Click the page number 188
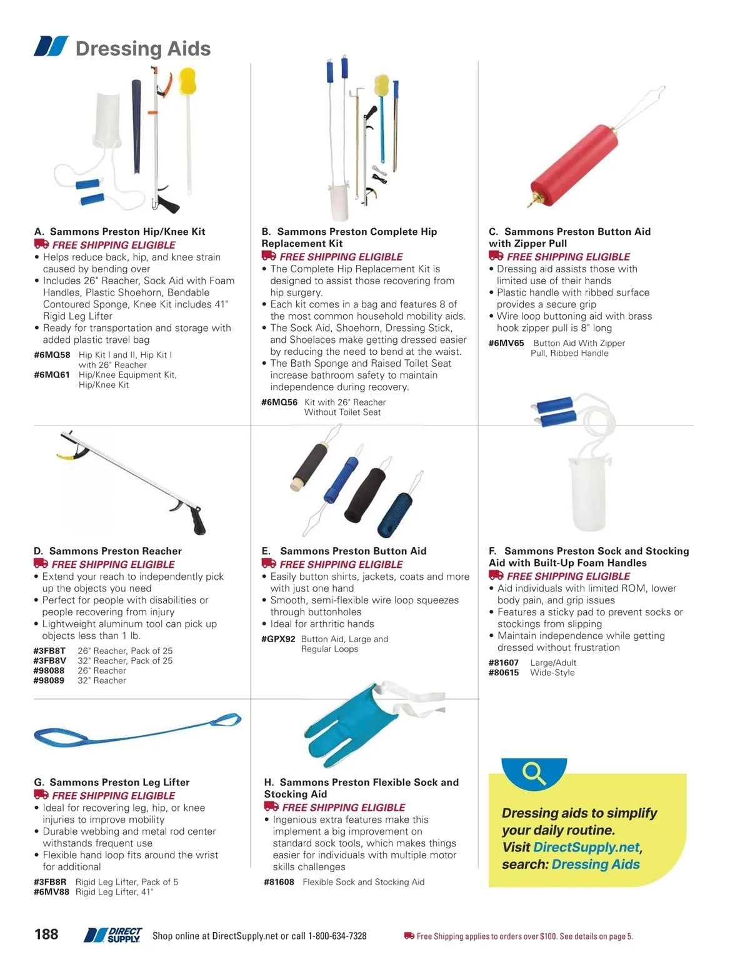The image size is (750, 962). pos(46,935)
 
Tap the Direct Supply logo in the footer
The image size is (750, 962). pos(114,935)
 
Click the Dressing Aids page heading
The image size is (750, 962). pos(142,49)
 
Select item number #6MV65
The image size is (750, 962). pos(506,343)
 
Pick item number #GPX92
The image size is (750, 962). pos(278,639)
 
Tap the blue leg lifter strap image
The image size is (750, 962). pos(137,731)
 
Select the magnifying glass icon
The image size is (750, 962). pos(534,773)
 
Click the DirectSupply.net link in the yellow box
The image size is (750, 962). pos(586,848)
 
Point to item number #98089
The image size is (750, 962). pos(49,681)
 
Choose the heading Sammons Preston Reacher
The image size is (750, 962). pos(115,551)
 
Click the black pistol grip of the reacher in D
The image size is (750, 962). pos(196,520)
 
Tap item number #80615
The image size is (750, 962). pos(504,673)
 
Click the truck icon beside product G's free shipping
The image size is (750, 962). pos(41,795)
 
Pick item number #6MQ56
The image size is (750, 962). pos(279,402)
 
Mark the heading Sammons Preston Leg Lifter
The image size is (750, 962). pos(119,782)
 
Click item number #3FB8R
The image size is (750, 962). pos(50,882)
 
